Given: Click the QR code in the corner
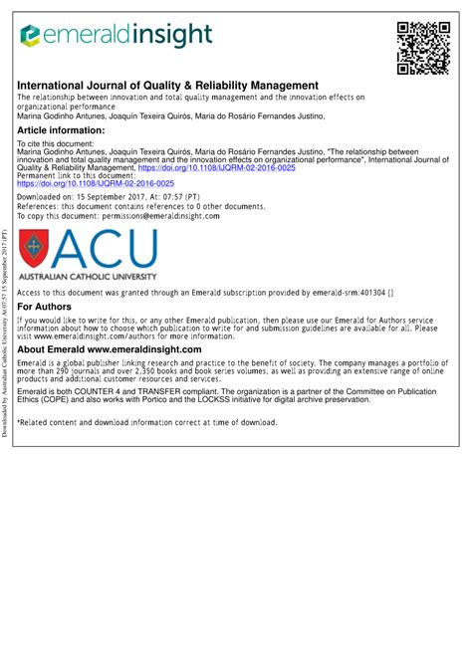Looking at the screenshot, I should pos(419,47).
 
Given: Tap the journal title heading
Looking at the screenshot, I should pos(167,86).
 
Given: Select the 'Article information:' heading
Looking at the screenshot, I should pos(63,130).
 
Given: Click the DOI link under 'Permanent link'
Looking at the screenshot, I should pos(97,184).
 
